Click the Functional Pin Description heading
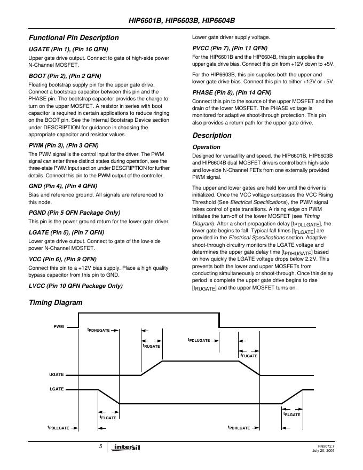pos(74,38)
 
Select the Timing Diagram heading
pos(56,303)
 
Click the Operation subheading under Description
pos(206,147)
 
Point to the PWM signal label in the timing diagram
pos(59,326)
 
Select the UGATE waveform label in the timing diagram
pos(57,375)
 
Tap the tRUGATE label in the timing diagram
pos(151,346)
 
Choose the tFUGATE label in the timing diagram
pos(249,356)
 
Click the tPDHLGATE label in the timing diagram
pos(239,428)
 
